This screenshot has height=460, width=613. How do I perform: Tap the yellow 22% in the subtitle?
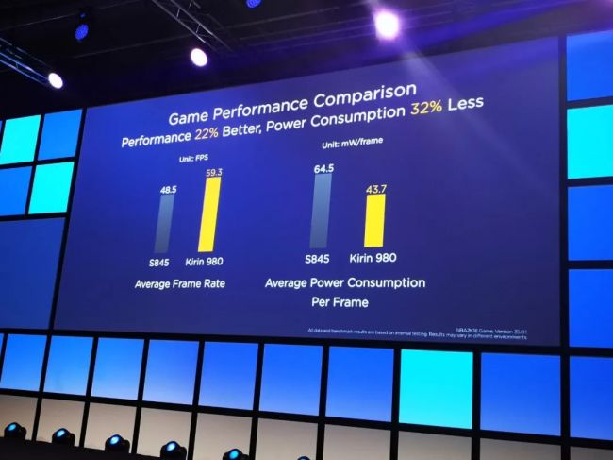click(x=207, y=139)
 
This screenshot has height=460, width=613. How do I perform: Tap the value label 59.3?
click(x=212, y=171)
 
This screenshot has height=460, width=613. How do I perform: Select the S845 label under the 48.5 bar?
click(x=158, y=262)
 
